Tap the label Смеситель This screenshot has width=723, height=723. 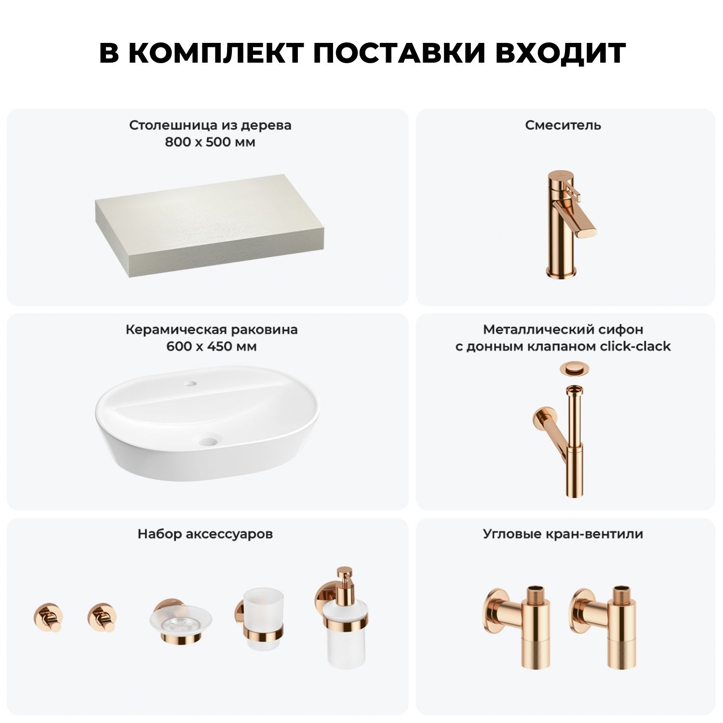pos(563,125)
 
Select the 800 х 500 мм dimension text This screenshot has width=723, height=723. pos(210,142)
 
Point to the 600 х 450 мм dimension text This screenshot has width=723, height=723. pos(212,347)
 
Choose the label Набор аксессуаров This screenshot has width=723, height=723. pos(205,534)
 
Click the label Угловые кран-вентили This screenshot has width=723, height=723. pos(563,534)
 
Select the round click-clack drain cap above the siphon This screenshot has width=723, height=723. pos(572,369)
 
